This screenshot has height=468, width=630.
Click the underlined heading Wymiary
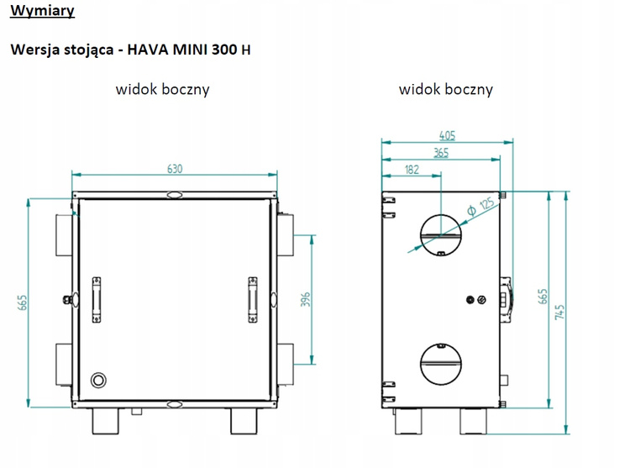[42, 12]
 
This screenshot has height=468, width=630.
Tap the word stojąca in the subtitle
[87, 49]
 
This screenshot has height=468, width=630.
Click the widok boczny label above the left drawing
[162, 89]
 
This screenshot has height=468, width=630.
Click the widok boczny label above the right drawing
[445, 89]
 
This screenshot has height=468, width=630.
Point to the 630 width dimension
[174, 168]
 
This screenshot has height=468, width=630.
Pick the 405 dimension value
[449, 134]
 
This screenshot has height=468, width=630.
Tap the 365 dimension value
[440, 152]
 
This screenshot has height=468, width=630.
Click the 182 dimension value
[412, 170]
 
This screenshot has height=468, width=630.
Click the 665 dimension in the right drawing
[543, 297]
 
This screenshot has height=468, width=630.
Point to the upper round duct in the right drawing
[439, 233]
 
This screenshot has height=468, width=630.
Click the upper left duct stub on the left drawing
[64, 235]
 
